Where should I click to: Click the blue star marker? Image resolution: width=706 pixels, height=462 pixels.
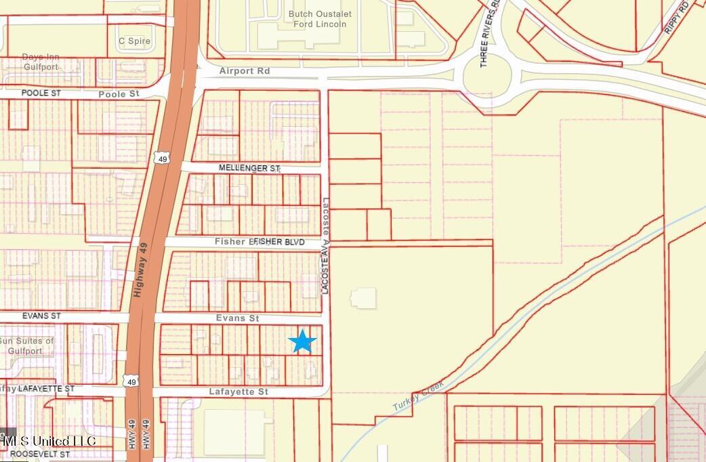point(302,341)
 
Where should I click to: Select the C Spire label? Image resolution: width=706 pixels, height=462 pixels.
point(134,41)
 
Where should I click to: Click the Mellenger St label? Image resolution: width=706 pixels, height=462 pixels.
point(249,168)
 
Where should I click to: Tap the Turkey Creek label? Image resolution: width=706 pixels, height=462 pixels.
point(419,396)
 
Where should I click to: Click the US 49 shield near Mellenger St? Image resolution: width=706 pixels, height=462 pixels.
point(161,159)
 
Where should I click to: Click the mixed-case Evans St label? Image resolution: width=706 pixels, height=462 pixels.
point(237,318)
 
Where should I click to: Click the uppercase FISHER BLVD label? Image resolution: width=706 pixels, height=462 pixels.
point(279,242)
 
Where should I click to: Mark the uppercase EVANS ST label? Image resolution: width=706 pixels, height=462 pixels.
point(41,316)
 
